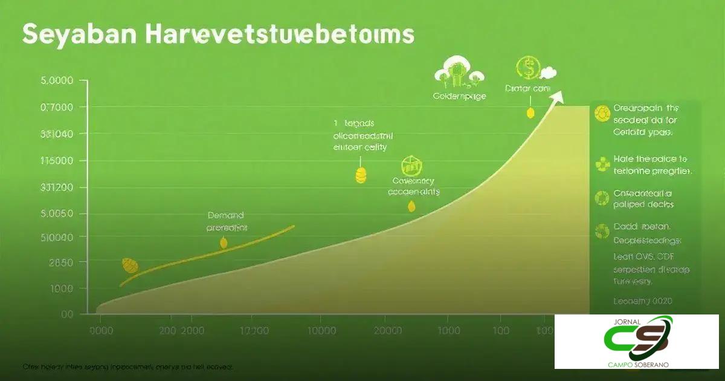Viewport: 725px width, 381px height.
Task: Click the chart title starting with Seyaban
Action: coord(217,34)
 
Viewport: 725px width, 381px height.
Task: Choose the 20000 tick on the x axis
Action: coord(387,331)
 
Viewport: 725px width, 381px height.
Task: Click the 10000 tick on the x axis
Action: coord(321,331)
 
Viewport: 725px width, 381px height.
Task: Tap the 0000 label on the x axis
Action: coord(101,331)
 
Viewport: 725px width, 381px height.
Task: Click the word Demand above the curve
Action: coord(225,215)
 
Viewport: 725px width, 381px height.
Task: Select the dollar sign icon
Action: coord(527,69)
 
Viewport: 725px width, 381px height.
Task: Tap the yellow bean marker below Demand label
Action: coord(224,243)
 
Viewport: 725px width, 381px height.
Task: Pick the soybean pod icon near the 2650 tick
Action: coord(130,265)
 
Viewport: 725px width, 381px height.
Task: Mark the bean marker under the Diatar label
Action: coord(530,112)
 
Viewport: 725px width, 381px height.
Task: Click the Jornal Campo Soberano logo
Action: coord(637,341)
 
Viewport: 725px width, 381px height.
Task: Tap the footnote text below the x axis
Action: coord(127,366)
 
